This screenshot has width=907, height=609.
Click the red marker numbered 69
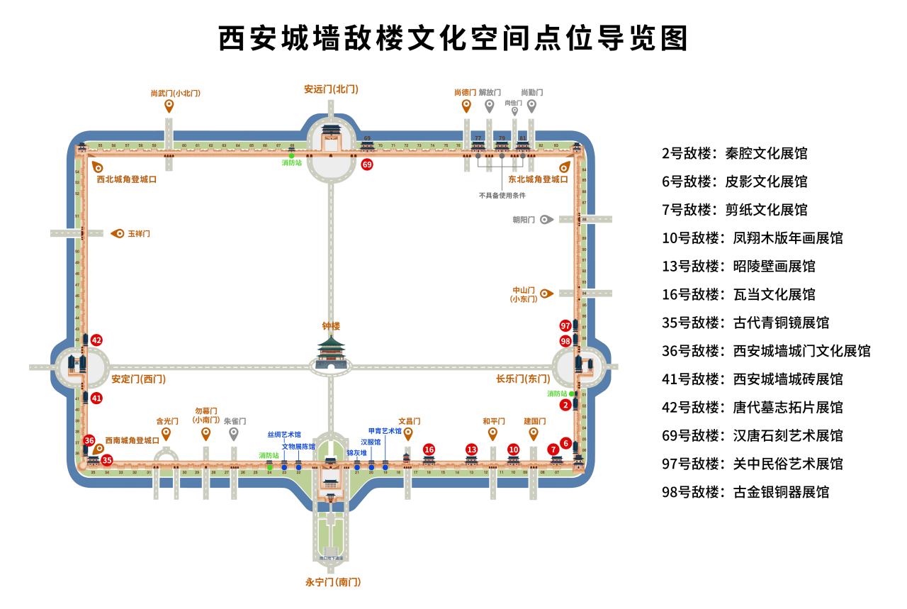(367, 164)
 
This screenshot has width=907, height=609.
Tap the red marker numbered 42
(96, 340)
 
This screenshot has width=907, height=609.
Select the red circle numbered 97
(565, 325)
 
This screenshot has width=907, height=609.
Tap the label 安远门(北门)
(331, 89)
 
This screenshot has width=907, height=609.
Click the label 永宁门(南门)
(333, 582)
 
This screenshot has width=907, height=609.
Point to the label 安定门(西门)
(138, 379)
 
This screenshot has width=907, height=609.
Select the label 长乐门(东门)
(523, 379)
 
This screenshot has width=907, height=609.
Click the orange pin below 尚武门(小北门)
(169, 106)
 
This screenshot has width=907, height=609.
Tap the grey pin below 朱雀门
(235, 433)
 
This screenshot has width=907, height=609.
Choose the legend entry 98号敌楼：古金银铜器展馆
(745, 492)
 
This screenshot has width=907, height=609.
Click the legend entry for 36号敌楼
(766, 351)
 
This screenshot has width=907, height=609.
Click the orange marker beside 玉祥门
(118, 233)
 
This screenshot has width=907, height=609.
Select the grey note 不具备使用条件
(502, 195)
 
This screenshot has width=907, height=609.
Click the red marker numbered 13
(472, 449)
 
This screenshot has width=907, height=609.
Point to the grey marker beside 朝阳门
(546, 220)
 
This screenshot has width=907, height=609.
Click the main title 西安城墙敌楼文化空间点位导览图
(453, 38)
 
